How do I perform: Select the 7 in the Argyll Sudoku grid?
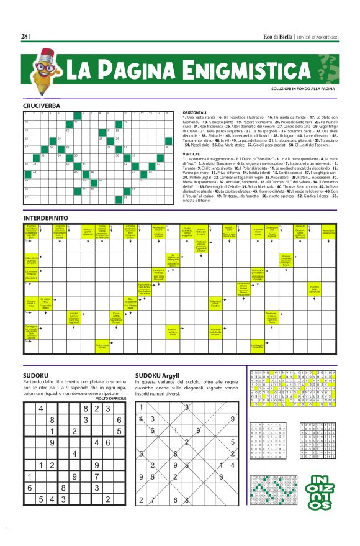click(157, 517)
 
